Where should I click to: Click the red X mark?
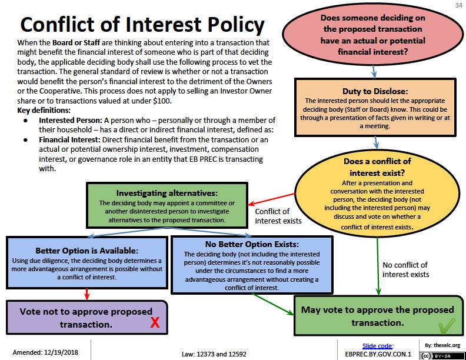tap(155, 322)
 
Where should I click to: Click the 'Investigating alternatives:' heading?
tap(159, 192)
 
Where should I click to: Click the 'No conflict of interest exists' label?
tap(405, 269)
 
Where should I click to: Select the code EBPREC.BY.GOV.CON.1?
tap(377, 354)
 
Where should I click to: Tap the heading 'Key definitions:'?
tap(44, 110)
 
